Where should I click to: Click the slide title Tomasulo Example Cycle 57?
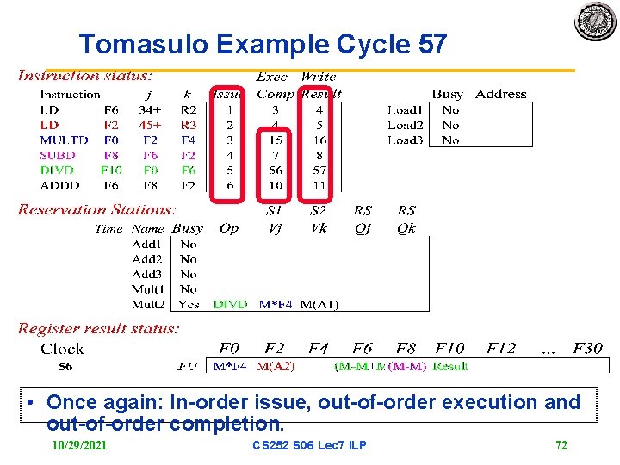[263, 44]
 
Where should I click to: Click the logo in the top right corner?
[595, 22]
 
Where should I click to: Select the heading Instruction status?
[85, 76]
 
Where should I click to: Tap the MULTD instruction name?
[64, 139]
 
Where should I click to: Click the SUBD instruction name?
[58, 155]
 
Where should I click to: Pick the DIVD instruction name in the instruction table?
[58, 170]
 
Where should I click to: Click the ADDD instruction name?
[59, 185]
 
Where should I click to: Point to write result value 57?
[319, 170]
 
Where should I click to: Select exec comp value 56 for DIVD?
[276, 170]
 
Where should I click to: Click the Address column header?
[500, 94]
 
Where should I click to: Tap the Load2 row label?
[404, 125]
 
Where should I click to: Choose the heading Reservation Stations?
[96, 209]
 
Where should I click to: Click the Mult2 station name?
[148, 304]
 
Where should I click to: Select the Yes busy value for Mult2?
[189, 304]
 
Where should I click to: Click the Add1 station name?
[147, 244]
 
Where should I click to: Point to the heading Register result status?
[99, 328]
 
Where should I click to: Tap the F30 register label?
[586, 349]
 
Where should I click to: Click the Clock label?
[62, 349]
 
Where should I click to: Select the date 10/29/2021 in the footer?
[79, 445]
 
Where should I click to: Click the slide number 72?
[561, 445]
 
